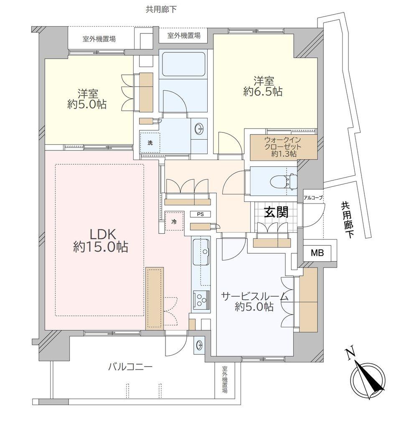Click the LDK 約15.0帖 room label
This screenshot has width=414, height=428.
101,240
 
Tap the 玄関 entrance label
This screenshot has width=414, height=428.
276,213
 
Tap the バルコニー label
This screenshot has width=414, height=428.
130,367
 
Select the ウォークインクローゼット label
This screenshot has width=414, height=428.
283,147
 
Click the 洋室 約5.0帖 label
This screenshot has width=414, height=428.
86,99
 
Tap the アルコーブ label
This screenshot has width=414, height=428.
313,198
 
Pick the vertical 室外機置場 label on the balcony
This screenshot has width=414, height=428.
225,380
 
